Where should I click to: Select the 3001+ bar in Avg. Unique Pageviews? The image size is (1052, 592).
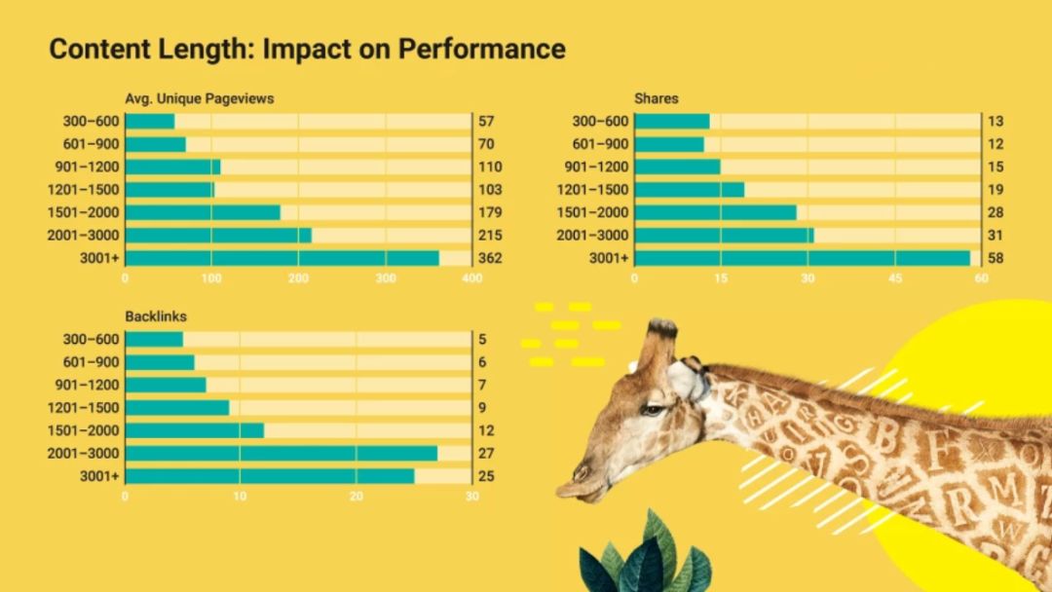tap(282, 258)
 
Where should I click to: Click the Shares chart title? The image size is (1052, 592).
tap(656, 98)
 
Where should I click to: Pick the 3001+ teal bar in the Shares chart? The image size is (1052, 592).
tap(802, 258)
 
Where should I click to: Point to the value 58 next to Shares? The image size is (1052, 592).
tap(996, 258)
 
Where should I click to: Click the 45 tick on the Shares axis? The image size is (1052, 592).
tap(894, 278)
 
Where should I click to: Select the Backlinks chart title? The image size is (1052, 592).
tap(156, 316)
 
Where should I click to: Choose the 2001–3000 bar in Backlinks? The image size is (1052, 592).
tap(281, 453)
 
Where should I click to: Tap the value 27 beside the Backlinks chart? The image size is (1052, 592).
tap(485, 453)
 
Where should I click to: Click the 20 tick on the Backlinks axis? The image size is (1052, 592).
tap(357, 497)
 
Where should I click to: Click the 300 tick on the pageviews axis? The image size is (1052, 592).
tap(385, 278)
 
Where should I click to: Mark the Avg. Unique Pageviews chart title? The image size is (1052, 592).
tap(199, 98)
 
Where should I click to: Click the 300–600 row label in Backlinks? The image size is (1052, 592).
tap(91, 340)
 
